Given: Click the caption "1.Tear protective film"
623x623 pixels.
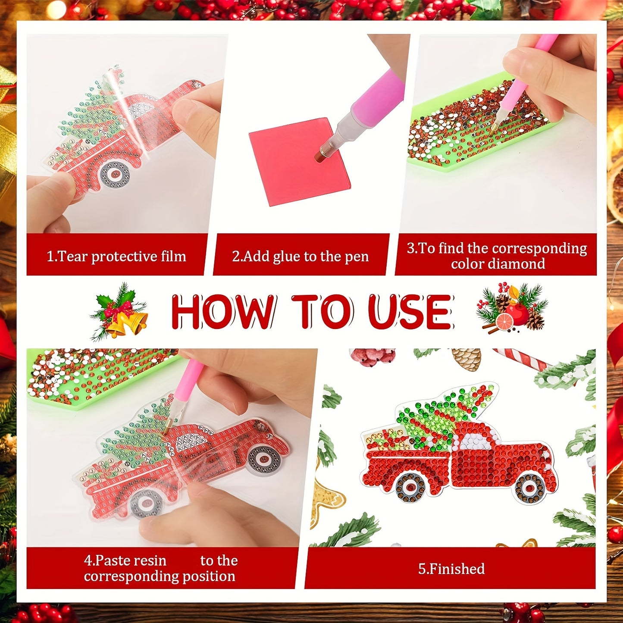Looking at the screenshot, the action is [x=116, y=257].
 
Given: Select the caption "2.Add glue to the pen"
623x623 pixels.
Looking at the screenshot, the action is [x=301, y=257].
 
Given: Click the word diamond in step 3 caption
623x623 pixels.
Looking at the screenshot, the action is [x=498, y=263].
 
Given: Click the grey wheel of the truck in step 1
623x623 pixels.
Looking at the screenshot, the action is [x=115, y=174].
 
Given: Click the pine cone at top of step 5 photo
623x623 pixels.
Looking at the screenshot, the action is [x=466, y=359].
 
